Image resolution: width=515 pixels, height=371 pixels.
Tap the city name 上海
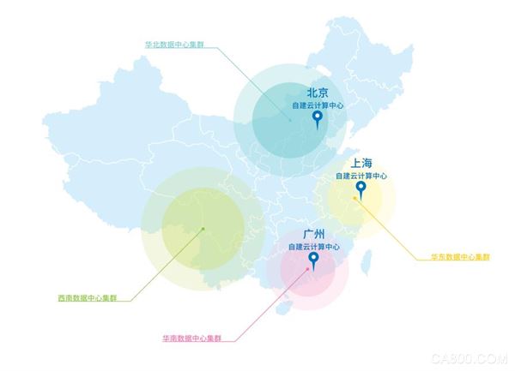pyautogui.click(x=360, y=163)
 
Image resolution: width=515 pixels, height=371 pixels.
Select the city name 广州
pyautogui.click(x=314, y=234)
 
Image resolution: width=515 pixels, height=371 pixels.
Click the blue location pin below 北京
pyautogui.click(x=318, y=119)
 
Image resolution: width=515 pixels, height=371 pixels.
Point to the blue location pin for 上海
pyautogui.click(x=361, y=189)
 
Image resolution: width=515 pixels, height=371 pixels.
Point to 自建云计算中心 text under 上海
pyautogui.click(x=361, y=176)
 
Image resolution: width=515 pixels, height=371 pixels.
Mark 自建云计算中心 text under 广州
pyautogui.click(x=314, y=247)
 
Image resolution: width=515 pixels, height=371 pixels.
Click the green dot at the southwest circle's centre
pyautogui.click(x=203, y=229)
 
